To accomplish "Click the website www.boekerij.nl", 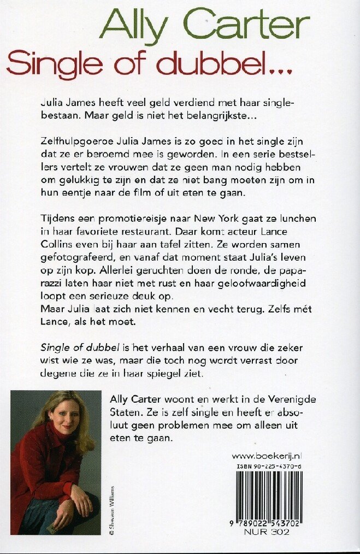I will click(x=268, y=455).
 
